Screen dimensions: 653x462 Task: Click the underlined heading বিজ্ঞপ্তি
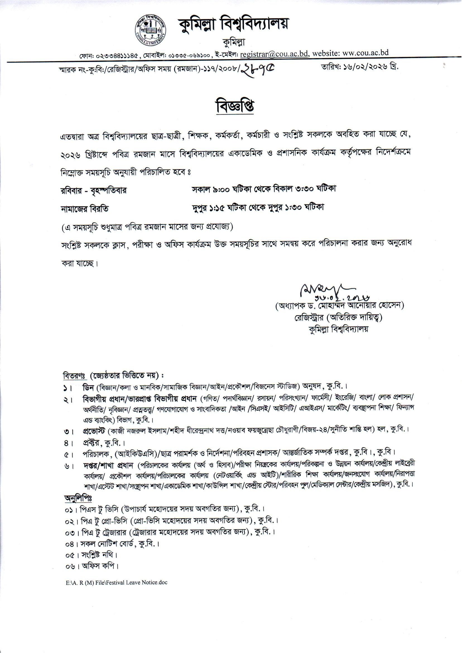(234, 106)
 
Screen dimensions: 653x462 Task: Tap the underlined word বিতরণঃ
(74, 375)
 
